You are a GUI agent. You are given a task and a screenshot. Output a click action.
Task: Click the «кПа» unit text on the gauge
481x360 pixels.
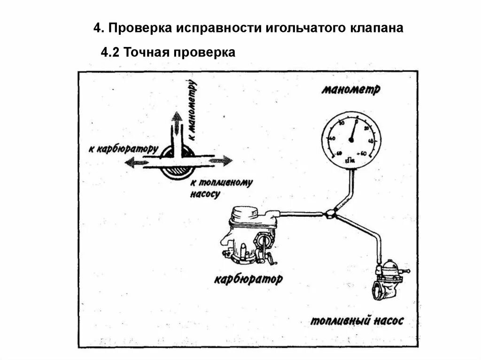click(x=349, y=160)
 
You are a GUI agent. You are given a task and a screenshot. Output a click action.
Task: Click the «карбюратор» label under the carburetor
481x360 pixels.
click(x=248, y=280)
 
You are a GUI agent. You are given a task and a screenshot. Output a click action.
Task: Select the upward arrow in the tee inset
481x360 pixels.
click(x=176, y=123)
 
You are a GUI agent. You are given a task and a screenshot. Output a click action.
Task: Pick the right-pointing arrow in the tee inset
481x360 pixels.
click(x=221, y=161)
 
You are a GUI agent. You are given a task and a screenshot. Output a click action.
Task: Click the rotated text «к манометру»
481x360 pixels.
click(x=192, y=111)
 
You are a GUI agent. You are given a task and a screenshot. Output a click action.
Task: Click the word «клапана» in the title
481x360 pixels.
click(x=376, y=28)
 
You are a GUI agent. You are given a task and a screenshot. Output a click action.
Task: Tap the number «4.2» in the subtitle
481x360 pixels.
click(x=111, y=52)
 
